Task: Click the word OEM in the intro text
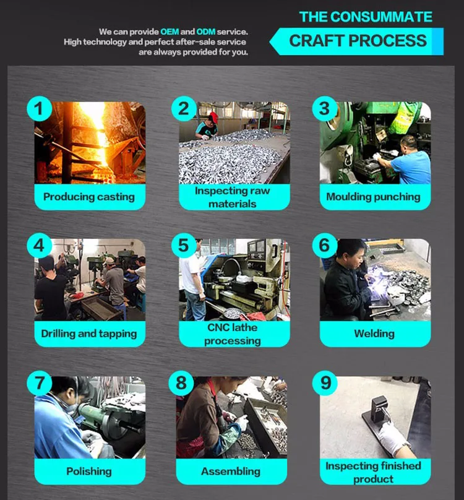tap(170, 32)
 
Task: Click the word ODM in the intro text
tap(205, 32)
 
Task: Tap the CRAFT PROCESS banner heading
tap(358, 41)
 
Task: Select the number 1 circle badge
tap(39, 108)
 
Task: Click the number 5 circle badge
tap(184, 246)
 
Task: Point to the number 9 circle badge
tap(325, 382)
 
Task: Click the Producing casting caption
tap(89, 197)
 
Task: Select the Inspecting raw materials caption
tap(233, 197)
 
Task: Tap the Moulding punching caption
tap(373, 197)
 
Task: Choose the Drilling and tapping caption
tap(89, 334)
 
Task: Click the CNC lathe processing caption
tap(233, 334)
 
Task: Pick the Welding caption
tap(374, 334)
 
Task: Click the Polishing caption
tap(89, 472)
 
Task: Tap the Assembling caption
tap(231, 472)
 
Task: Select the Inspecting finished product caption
tap(373, 472)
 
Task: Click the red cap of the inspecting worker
tap(213, 117)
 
